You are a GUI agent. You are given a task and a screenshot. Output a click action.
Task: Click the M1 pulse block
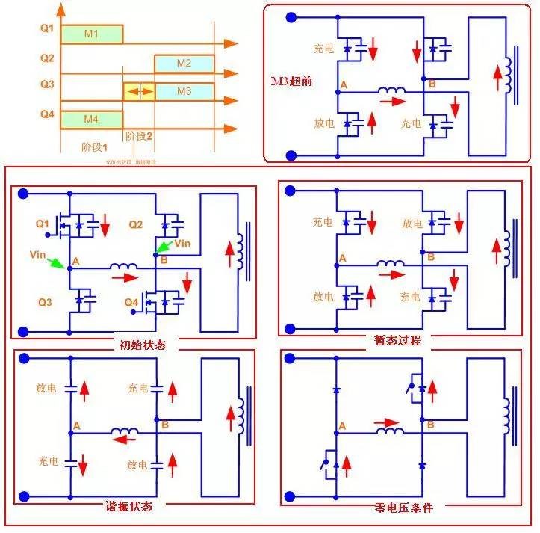click(91, 34)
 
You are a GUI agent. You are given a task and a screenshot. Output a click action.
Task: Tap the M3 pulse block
click(184, 91)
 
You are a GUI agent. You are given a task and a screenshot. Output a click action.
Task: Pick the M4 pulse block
click(91, 119)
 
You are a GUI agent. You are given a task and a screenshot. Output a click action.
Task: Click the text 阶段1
click(95, 147)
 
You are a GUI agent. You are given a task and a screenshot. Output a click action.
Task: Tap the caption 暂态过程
click(398, 340)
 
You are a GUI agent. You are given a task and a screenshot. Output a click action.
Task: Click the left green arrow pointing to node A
click(54, 262)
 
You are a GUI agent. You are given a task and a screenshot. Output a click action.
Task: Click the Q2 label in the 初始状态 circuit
click(135, 224)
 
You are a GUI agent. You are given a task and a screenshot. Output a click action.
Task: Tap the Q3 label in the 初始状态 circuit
click(45, 304)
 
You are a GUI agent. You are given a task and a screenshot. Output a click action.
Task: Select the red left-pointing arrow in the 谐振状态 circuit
click(119, 440)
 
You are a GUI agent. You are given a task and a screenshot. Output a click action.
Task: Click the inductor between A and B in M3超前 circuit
click(391, 92)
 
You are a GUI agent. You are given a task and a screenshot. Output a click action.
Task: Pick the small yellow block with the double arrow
click(138, 91)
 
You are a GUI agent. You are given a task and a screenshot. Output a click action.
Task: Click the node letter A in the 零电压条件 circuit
click(343, 426)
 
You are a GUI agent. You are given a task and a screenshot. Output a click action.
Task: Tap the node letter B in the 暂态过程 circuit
click(430, 257)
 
